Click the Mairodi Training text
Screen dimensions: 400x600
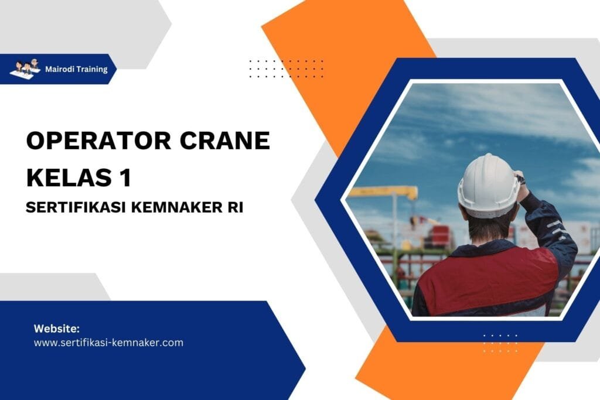(76, 69)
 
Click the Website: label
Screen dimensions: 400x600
(57, 328)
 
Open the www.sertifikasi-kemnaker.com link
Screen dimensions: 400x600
(108, 343)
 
